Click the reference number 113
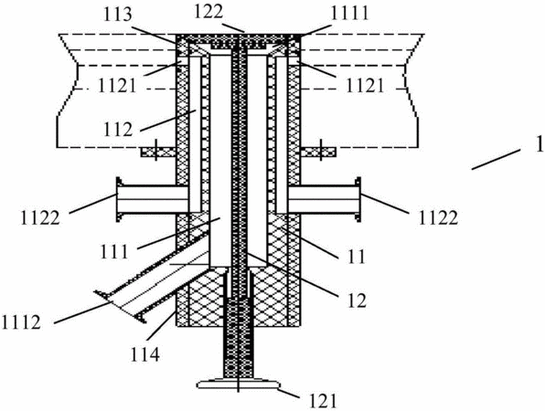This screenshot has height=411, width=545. (119, 16)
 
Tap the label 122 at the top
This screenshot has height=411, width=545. (208, 12)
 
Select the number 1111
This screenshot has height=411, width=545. (348, 15)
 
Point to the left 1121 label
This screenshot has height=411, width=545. (117, 86)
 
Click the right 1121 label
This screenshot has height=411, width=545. (365, 86)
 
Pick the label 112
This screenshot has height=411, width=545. (117, 130)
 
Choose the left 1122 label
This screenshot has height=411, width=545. (40, 218)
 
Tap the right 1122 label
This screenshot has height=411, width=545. (438, 218)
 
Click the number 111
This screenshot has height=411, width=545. (114, 252)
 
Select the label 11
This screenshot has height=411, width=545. (356, 257)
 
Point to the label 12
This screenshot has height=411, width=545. (357, 300)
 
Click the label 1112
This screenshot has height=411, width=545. (22, 322)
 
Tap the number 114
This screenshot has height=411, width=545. (144, 355)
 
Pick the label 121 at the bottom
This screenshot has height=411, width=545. (322, 402)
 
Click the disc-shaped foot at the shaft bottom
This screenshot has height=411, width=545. (239, 384)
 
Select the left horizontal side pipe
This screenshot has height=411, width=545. (152, 199)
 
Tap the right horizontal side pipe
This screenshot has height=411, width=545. (324, 199)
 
